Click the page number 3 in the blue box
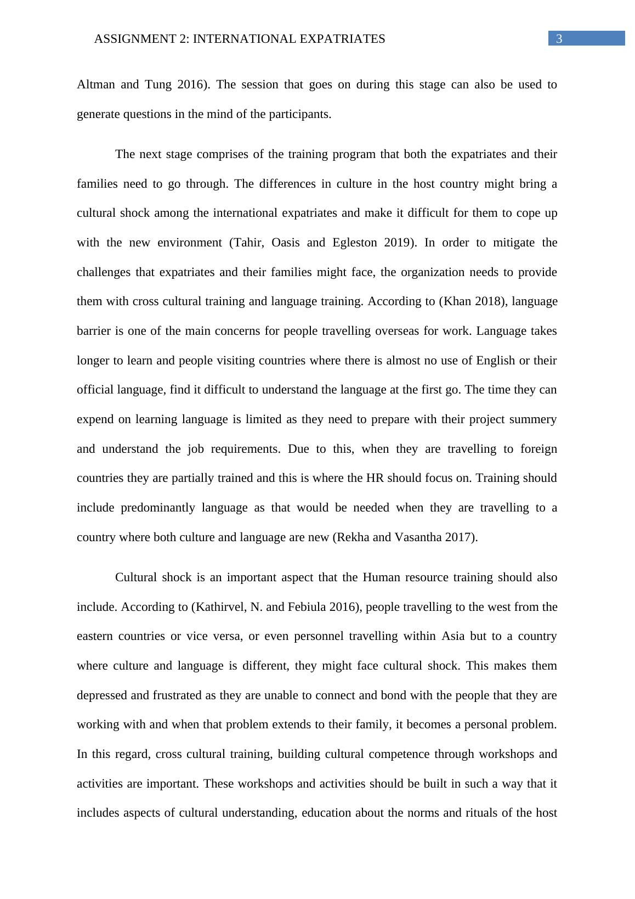click(x=559, y=38)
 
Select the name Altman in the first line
click(x=94, y=85)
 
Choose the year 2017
click(x=461, y=537)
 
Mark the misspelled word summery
click(x=534, y=419)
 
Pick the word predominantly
click(x=158, y=508)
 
